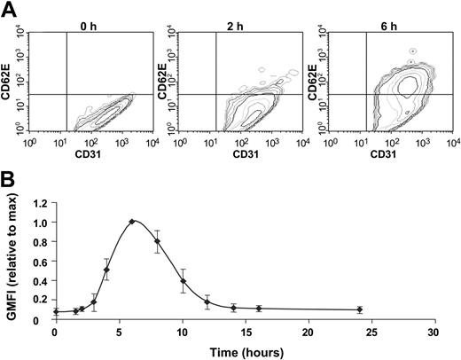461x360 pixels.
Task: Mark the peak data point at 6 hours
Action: point(131,222)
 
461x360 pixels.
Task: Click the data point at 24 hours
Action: point(359,309)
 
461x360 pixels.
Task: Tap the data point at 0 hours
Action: point(55,312)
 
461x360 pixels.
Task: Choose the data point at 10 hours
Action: point(183,281)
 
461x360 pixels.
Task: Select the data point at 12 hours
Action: point(207,302)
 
